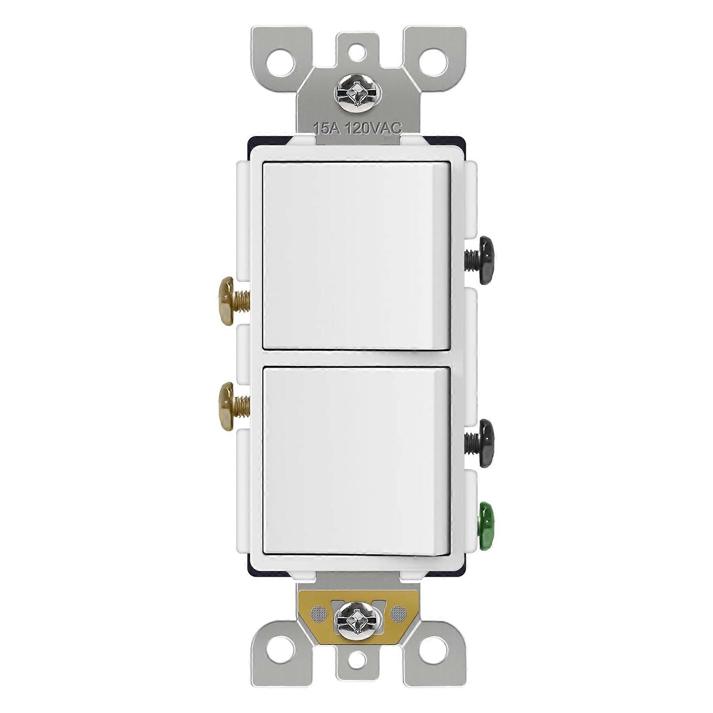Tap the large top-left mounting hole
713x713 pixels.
(x=282, y=63)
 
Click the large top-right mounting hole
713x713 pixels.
(x=433, y=63)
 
